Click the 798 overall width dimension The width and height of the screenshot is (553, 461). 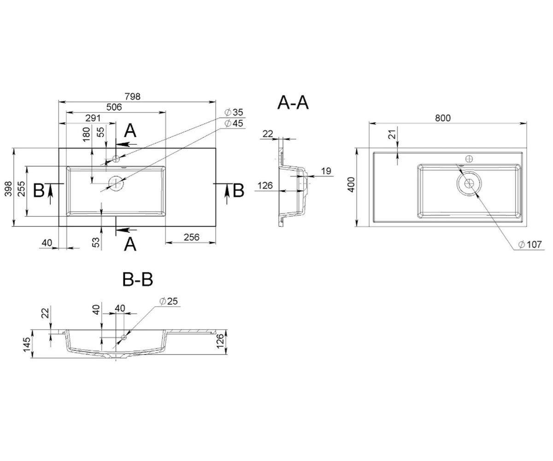pyautogui.click(x=132, y=97)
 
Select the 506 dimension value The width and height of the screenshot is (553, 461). pyautogui.click(x=114, y=107)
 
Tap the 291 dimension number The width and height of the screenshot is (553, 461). pyautogui.click(x=93, y=118)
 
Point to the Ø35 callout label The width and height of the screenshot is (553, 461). pyautogui.click(x=234, y=112)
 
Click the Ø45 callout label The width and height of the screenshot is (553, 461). pyautogui.click(x=234, y=123)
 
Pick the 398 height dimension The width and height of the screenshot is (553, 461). pyautogui.click(x=8, y=189)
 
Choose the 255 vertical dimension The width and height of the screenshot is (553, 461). pyautogui.click(x=21, y=189)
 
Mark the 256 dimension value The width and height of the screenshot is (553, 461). pyautogui.click(x=192, y=237)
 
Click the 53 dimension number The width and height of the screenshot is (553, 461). pyautogui.click(x=96, y=242)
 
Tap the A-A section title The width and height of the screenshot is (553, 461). pyautogui.click(x=293, y=103)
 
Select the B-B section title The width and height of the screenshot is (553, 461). pyautogui.click(x=138, y=280)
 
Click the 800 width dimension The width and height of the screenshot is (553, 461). pyautogui.click(x=443, y=118)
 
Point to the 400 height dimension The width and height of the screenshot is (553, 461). pyautogui.click(x=351, y=185)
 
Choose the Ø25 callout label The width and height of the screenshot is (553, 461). pyautogui.click(x=169, y=301)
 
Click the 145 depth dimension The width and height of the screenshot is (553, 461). pyautogui.click(x=27, y=345)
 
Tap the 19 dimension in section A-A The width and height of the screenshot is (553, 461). pyautogui.click(x=326, y=171)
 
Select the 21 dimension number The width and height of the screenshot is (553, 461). pyautogui.click(x=393, y=134)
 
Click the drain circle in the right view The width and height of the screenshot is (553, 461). pyautogui.click(x=469, y=183)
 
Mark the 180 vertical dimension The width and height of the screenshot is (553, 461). pyautogui.click(x=86, y=134)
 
